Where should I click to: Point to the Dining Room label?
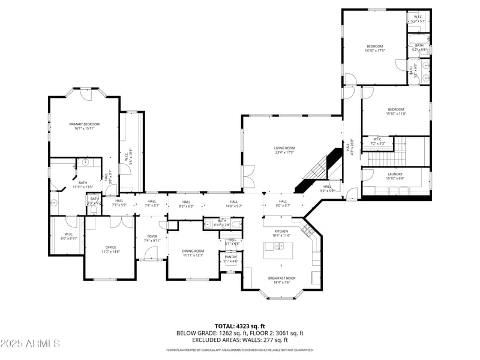tap(193, 253)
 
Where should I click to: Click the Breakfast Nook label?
tap(281, 280)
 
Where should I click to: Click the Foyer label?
tap(152, 238)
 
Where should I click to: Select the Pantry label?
tap(231, 259)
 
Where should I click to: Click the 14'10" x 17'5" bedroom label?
tap(374, 48)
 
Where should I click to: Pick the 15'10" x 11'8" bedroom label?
tap(395, 111)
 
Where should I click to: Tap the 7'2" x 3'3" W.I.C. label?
tap(377, 142)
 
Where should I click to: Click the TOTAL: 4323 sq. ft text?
tap(239, 326)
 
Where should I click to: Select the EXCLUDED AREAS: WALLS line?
tap(240, 340)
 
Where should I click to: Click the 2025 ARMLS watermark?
tap(30, 343)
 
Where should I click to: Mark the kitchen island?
tap(277, 247)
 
